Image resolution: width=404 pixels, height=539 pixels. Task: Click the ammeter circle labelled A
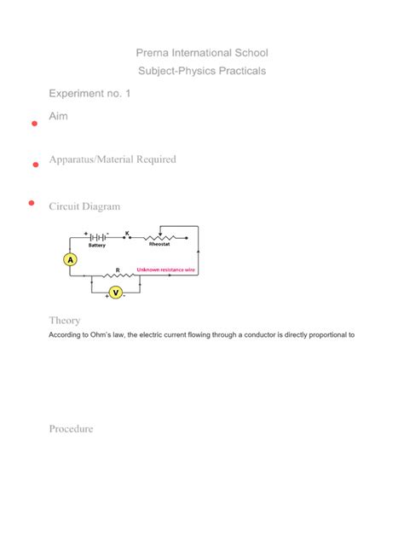pos(71,260)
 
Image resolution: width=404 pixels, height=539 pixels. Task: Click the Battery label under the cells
pos(96,246)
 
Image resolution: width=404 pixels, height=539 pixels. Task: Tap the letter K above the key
pos(127,232)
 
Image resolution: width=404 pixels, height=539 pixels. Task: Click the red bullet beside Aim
pos(34,125)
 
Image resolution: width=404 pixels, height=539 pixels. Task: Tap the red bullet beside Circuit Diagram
pos(31,203)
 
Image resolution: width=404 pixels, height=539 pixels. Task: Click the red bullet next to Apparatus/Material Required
pos(36,164)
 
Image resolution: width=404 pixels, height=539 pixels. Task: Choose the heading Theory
pos(65,321)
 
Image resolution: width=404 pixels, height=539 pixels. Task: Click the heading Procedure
pos(71,429)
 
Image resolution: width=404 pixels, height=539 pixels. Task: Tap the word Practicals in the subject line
pos(240,71)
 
